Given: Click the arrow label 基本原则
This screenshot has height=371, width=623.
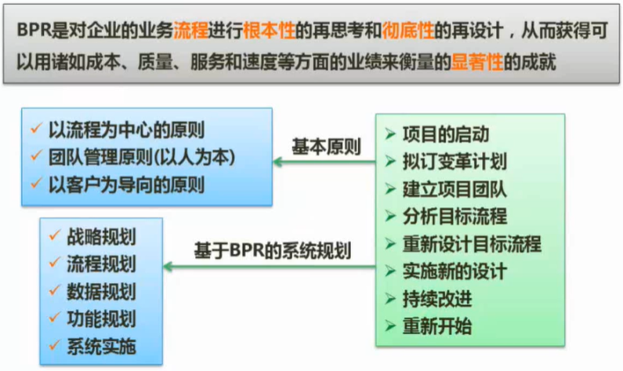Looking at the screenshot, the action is (x=326, y=147).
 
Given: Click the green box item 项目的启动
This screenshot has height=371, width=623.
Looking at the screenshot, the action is (x=445, y=134).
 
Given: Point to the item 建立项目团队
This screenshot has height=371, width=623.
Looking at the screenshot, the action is (x=454, y=189).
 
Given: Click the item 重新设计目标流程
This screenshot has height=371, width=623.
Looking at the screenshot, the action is (x=471, y=244).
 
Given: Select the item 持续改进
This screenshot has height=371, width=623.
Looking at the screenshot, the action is (x=436, y=298).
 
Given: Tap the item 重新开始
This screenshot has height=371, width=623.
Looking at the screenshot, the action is (x=436, y=326).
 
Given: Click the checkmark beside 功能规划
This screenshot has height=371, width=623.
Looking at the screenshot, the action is (x=55, y=318).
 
